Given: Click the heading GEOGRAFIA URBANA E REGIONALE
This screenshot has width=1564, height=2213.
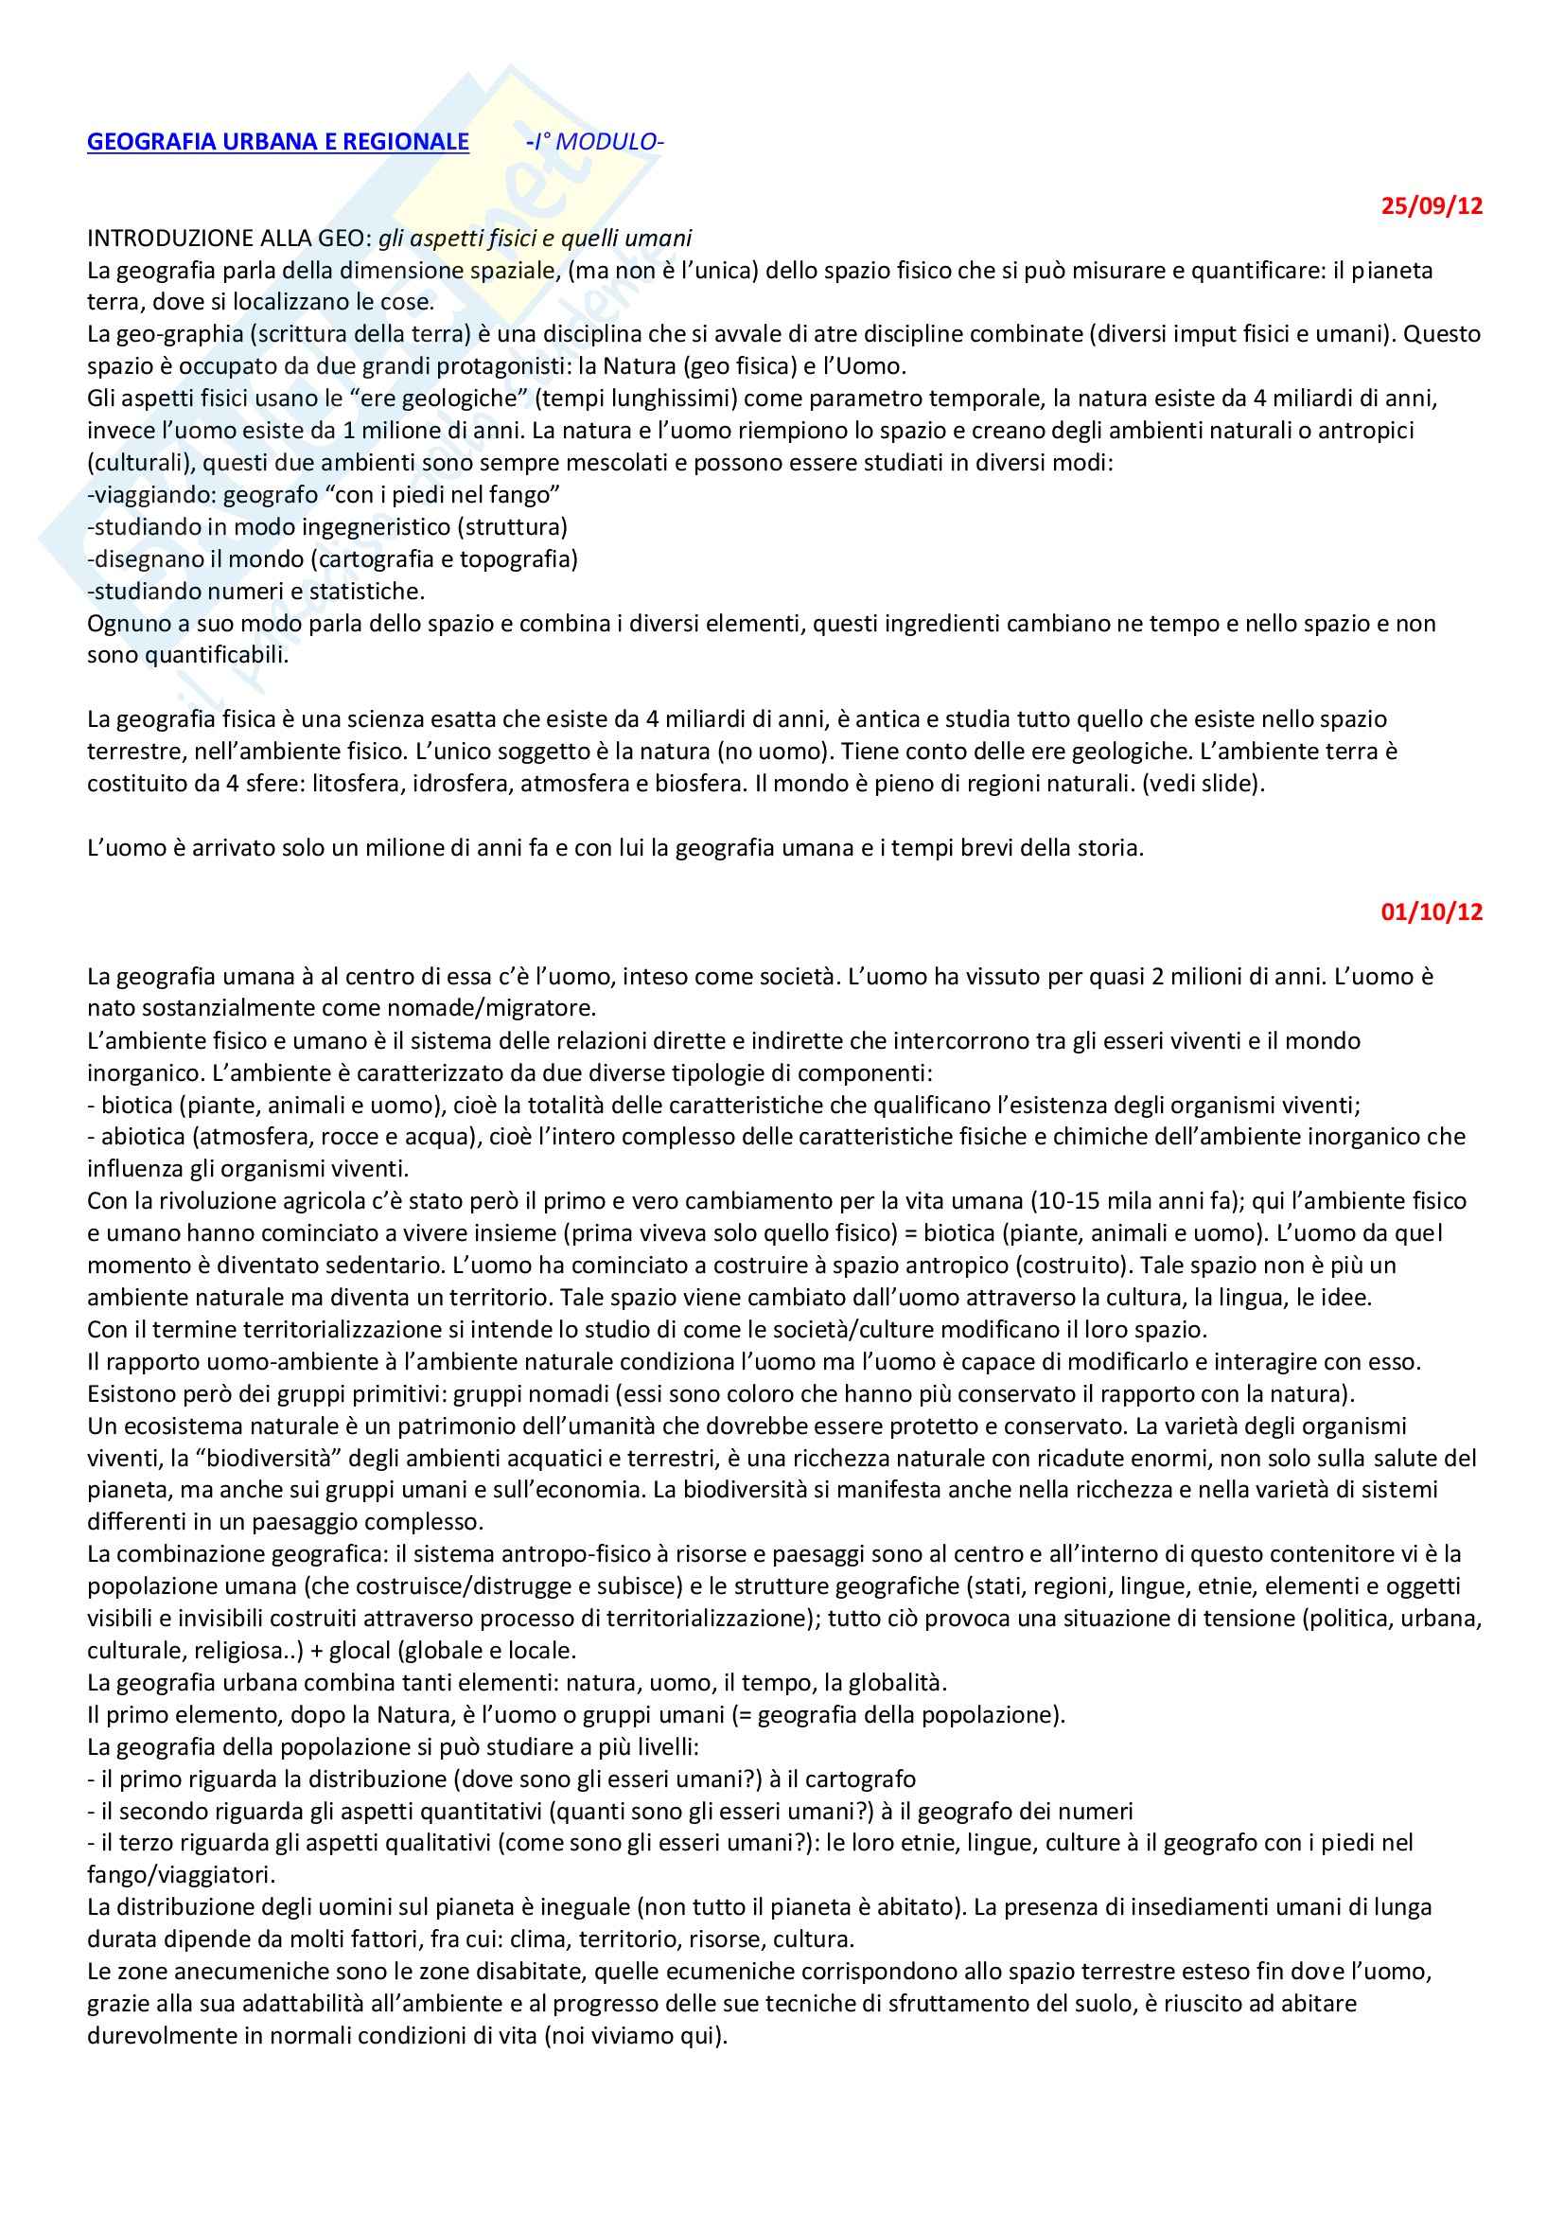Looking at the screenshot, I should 277,142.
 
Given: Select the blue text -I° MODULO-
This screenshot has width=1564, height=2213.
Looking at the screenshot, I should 595,142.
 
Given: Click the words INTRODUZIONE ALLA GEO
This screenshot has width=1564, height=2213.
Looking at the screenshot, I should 228,239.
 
